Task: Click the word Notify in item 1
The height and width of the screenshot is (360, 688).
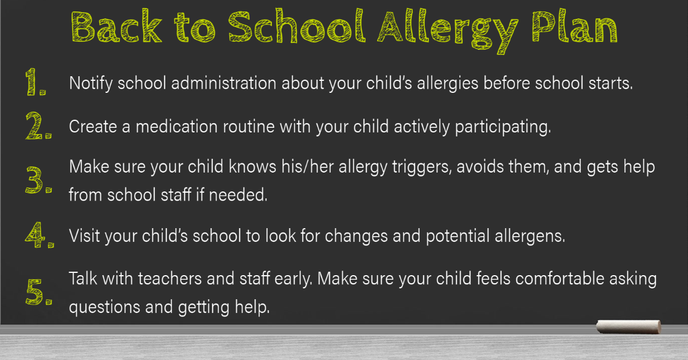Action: tap(91, 83)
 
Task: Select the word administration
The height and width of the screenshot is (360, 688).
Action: tap(224, 83)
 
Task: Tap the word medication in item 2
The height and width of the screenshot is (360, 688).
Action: tap(177, 126)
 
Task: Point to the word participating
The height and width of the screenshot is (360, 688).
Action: tap(503, 127)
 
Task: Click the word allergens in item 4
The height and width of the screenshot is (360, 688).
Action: tap(530, 236)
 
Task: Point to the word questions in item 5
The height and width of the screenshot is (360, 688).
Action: tap(104, 307)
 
